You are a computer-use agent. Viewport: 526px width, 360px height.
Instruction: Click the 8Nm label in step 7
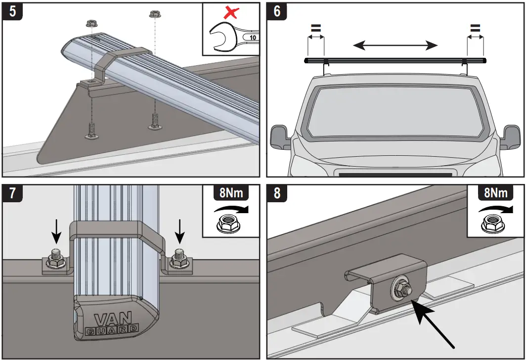[231, 192]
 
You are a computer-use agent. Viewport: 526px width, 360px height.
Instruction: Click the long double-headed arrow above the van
[395, 46]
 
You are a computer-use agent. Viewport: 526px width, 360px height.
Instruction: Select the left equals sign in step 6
[315, 29]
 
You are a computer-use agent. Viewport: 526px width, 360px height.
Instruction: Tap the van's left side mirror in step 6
[279, 137]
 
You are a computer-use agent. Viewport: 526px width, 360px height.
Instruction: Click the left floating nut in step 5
[91, 23]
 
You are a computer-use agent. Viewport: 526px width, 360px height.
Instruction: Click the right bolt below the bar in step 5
[155, 122]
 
